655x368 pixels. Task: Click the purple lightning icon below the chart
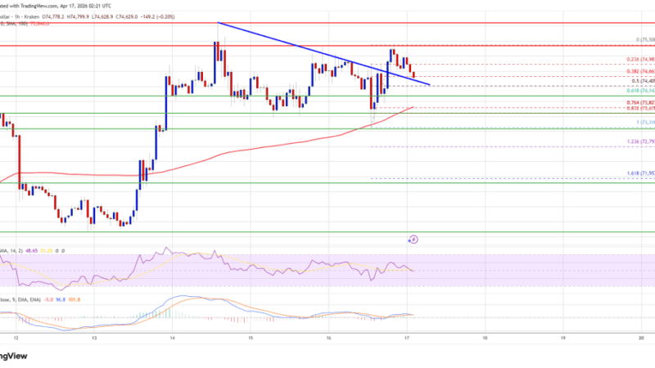pos(414,239)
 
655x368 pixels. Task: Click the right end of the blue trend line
pos(428,83)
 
